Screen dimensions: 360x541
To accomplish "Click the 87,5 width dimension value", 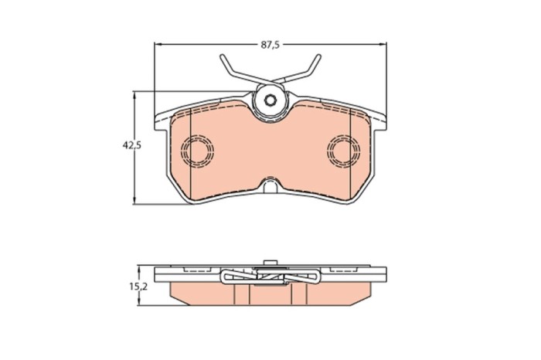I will click(x=268, y=45).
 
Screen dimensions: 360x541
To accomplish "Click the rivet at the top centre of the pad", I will click(x=269, y=100).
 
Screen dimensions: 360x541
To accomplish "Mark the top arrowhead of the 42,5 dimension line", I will click(x=137, y=94).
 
